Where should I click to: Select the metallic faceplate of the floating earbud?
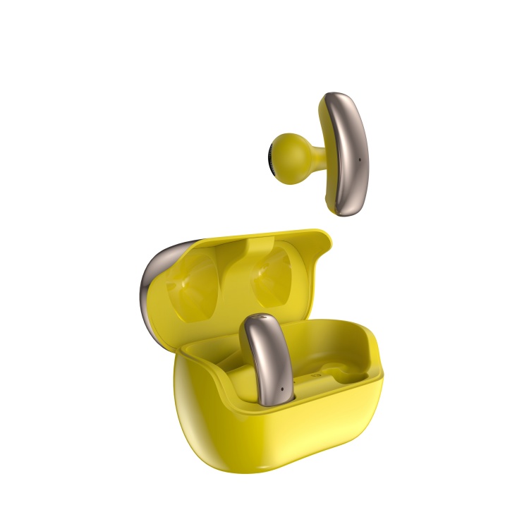(x=351, y=152)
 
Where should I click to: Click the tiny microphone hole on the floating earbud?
(x=358, y=159)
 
